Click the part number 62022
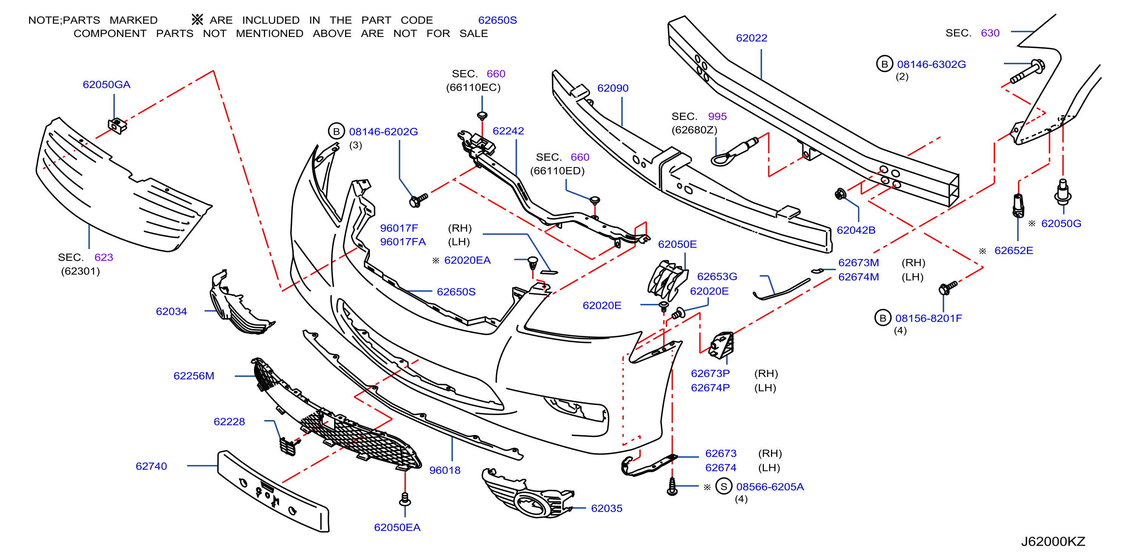point(751,38)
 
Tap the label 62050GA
point(106,85)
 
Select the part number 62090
point(613,88)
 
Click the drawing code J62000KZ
point(1053,542)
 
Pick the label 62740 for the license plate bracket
point(151,466)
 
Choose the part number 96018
point(445,470)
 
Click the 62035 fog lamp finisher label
point(607,508)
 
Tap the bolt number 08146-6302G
point(931,65)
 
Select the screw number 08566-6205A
point(770,487)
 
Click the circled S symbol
point(724,486)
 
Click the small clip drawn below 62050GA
point(117,126)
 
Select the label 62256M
point(194,376)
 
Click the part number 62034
point(171,311)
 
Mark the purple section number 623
point(103,257)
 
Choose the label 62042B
point(856,230)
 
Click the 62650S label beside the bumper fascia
point(456,292)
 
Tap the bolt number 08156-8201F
point(929,318)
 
